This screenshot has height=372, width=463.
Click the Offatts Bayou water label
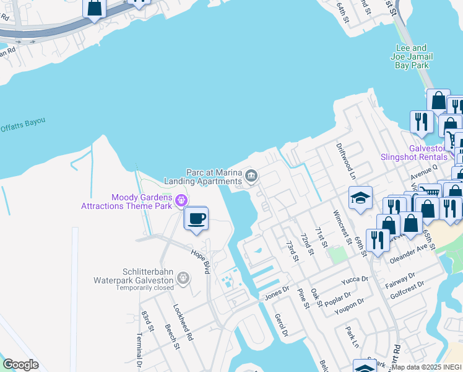(23, 123)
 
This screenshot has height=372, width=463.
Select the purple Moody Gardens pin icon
(181, 200)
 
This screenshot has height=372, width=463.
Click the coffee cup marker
(197, 219)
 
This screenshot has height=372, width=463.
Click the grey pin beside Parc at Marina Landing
(251, 177)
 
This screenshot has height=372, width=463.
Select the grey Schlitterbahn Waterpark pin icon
(183, 278)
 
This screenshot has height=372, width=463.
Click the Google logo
(20, 365)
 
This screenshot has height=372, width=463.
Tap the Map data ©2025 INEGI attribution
(426, 367)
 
